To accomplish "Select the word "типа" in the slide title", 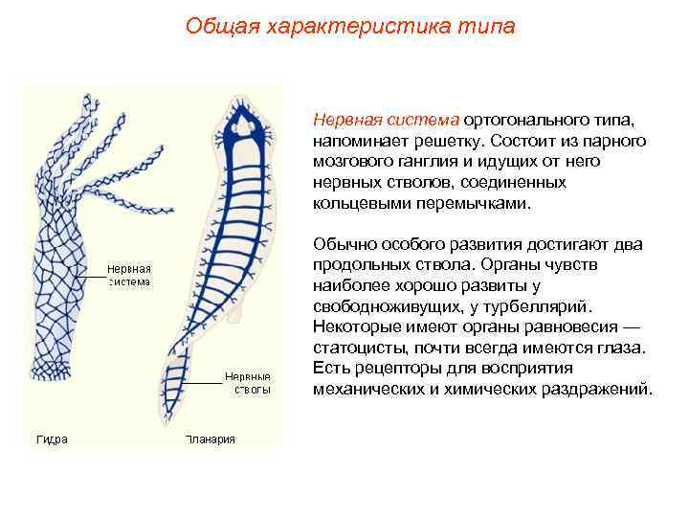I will click(x=486, y=26).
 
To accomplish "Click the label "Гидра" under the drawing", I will click(x=52, y=439).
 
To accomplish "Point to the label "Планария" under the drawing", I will click(x=210, y=439).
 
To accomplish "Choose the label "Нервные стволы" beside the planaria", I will click(x=249, y=382).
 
